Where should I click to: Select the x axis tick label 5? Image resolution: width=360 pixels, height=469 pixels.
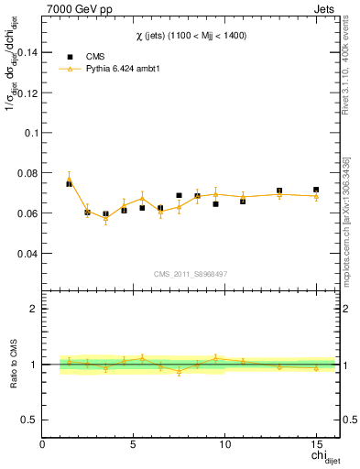pos(134,444)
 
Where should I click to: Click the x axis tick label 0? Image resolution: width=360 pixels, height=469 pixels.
pos(43,444)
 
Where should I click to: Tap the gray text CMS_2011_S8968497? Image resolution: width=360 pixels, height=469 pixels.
pos(190,274)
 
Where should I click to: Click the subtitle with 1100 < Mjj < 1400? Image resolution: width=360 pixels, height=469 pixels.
pos(191,35)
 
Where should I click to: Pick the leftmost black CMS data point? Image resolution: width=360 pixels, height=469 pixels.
pos(69,183)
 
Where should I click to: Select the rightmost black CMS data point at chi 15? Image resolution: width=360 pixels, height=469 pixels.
pos(316,190)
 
